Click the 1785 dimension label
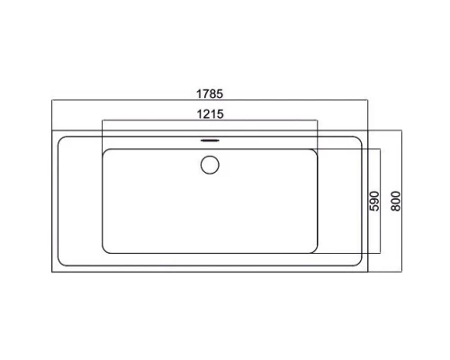(x=210, y=94)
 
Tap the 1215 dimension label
(x=210, y=114)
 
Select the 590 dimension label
(x=374, y=201)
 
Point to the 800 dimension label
(x=396, y=201)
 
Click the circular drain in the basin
(x=210, y=165)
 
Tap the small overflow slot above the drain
(x=210, y=140)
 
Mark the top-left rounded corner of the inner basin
(x=104, y=151)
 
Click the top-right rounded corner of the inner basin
(x=315, y=151)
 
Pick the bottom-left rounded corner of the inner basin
(x=104, y=251)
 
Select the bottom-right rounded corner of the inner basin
(x=315, y=251)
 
